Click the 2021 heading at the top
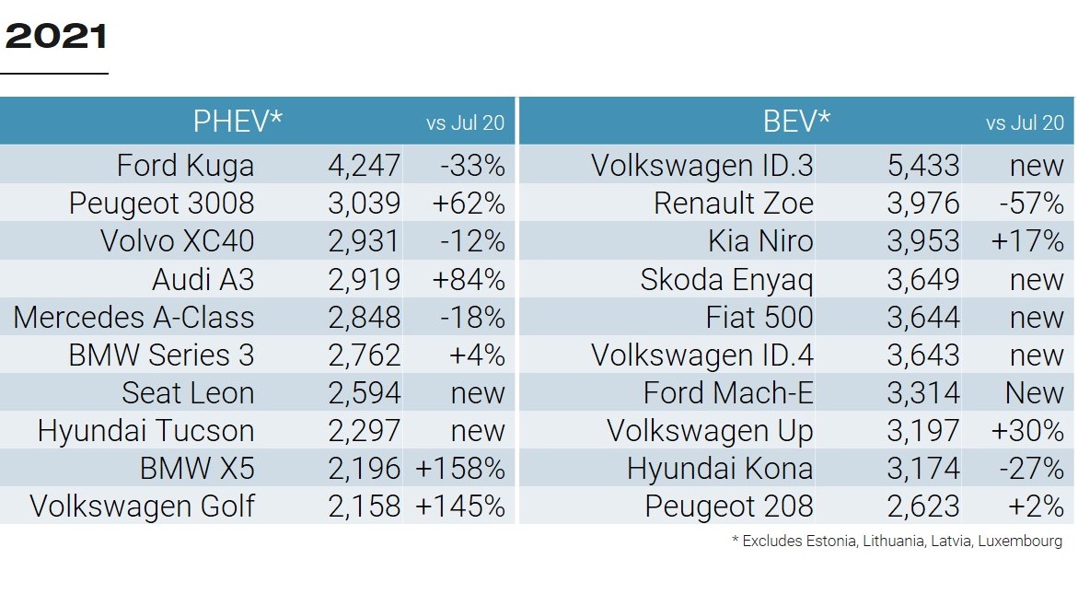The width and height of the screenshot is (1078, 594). [55, 37]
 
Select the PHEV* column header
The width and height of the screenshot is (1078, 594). [238, 122]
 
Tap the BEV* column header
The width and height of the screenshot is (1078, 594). [796, 122]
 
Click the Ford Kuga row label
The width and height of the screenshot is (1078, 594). [185, 166]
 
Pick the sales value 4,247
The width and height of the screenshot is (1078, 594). [364, 166]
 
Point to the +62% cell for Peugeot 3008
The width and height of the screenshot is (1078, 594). [468, 204]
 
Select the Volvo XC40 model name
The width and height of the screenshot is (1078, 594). [177, 241]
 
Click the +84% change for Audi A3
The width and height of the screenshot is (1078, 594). [468, 279]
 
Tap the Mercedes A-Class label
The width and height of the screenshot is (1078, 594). [133, 318]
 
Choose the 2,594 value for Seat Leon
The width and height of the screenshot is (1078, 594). [364, 393]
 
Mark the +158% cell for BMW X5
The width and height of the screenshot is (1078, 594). [460, 469]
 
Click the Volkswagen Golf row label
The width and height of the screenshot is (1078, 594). [142, 507]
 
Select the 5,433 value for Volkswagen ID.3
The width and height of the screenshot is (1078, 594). [922, 166]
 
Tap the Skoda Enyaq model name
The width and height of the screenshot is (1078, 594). [726, 279]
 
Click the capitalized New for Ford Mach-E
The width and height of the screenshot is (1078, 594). [1034, 393]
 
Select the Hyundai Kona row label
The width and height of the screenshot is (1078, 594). [720, 469]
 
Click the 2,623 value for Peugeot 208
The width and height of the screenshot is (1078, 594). [922, 507]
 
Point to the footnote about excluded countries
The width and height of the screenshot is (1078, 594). [897, 542]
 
